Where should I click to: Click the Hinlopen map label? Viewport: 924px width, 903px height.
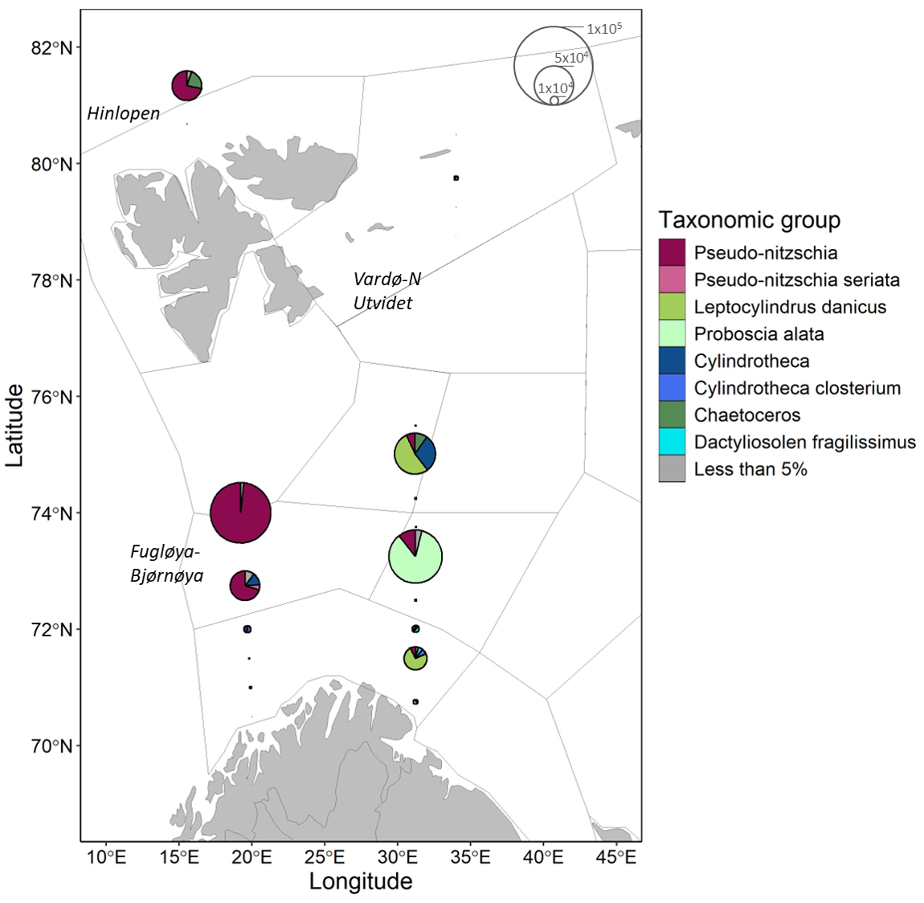click(123, 113)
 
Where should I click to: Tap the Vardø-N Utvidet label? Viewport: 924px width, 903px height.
click(386, 291)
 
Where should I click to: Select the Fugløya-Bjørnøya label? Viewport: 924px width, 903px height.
click(166, 563)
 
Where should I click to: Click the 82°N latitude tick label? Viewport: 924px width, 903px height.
click(51, 48)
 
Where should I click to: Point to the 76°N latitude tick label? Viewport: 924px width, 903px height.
click(51, 397)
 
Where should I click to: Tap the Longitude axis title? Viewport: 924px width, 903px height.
click(361, 881)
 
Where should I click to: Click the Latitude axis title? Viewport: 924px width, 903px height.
click(14, 425)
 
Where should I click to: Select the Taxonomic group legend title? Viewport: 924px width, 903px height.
click(749, 220)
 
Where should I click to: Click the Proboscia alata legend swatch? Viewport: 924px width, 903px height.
click(672, 334)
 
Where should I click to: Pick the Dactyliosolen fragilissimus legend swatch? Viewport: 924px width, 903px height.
click(672, 442)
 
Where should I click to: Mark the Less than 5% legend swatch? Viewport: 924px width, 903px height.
click(672, 469)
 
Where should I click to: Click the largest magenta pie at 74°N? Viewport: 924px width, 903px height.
click(240, 513)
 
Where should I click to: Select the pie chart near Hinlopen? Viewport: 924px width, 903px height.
click(186, 85)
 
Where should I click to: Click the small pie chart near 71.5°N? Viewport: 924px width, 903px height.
click(415, 659)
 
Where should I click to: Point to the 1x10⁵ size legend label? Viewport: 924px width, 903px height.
click(603, 29)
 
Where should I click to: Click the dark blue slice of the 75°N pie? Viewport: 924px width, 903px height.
click(427, 454)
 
